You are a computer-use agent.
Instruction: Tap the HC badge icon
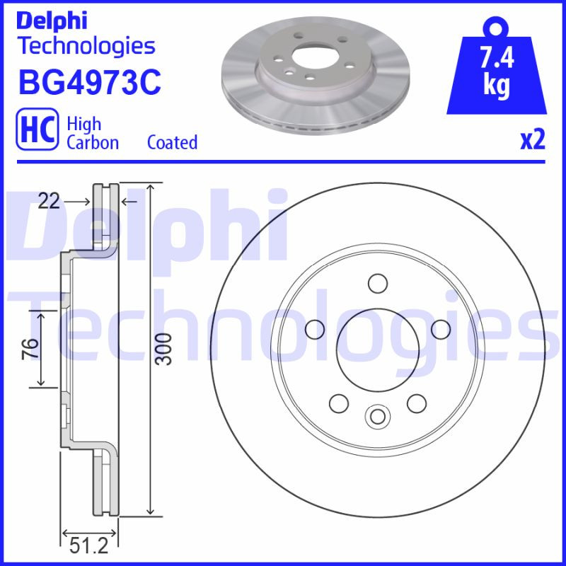tap(36, 132)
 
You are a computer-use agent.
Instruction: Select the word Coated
tap(172, 142)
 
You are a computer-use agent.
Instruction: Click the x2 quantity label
tap(533, 140)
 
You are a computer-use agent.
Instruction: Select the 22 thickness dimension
tap(49, 202)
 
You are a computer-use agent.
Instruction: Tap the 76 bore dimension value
tap(30, 349)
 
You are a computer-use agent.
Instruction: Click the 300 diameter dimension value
tap(163, 348)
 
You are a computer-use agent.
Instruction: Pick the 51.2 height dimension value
tap(90, 547)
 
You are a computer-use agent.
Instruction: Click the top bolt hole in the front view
tap(378, 284)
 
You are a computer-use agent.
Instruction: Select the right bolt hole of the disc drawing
tap(441, 329)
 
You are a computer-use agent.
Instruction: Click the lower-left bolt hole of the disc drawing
tap(339, 403)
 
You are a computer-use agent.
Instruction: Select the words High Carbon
tap(92, 132)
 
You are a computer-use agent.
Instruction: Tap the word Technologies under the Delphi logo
tap(86, 47)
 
